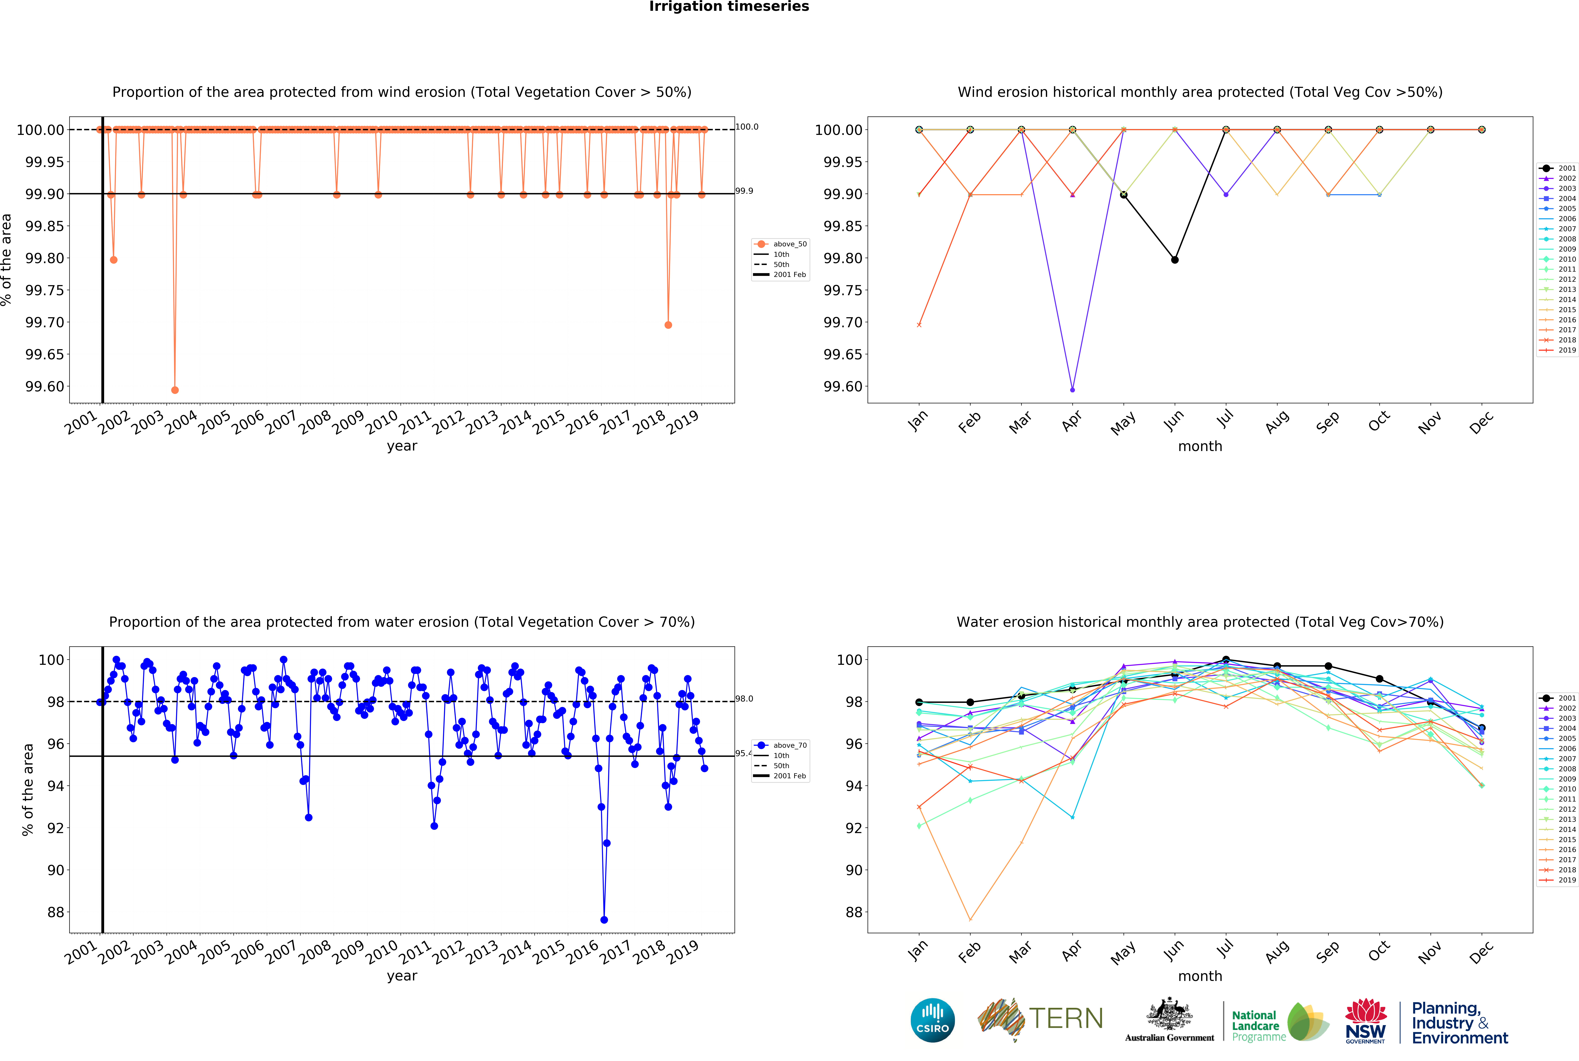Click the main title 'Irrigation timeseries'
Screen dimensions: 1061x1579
coord(729,7)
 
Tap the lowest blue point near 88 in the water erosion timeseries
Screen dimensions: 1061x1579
coord(603,920)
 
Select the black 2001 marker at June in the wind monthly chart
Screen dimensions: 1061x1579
coord(1174,260)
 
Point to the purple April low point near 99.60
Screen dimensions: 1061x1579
coord(1072,390)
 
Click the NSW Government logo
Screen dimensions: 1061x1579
coord(1365,1020)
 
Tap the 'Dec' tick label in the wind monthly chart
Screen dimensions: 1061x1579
coord(1481,422)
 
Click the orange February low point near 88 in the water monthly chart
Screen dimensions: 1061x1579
coord(970,920)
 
